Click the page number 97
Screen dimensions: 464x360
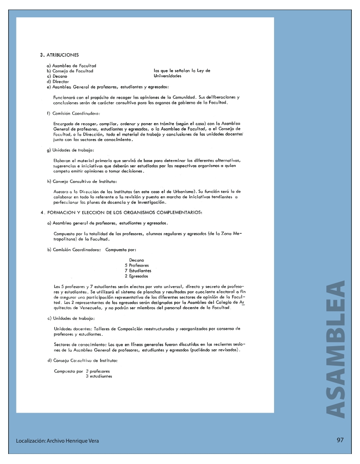[x=340, y=440]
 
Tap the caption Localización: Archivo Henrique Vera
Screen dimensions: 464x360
[x=57, y=441]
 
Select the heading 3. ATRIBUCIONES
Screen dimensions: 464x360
[x=60, y=55]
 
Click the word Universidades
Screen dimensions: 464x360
[x=168, y=76]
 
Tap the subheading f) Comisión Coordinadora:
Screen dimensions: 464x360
[x=73, y=113]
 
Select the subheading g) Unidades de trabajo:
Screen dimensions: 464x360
[x=70, y=150]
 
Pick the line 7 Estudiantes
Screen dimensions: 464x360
[x=138, y=271]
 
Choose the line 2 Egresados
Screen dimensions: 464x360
[x=136, y=276]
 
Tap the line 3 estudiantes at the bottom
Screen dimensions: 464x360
[x=99, y=376]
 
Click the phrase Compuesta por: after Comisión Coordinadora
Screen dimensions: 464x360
[x=121, y=250]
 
